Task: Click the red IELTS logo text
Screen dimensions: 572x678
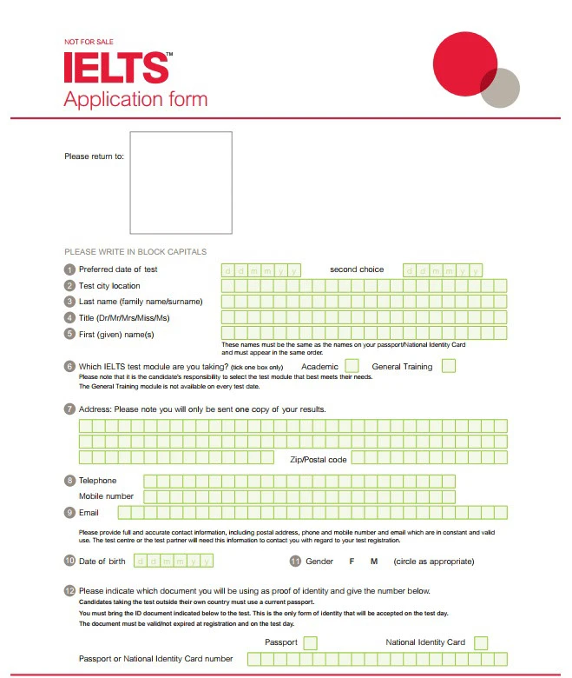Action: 115,67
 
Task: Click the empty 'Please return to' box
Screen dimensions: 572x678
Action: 181,183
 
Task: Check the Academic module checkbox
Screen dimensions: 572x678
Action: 352,366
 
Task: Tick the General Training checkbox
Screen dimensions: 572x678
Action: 448,366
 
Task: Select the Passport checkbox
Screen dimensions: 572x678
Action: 310,642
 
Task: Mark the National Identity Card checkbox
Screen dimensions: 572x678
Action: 481,642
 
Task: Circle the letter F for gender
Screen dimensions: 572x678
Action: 352,562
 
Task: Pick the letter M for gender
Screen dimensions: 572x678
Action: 374,562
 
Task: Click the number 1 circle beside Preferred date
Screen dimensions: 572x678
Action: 69,269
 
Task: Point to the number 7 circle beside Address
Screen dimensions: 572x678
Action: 69,409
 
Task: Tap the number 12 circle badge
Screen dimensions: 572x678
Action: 69,591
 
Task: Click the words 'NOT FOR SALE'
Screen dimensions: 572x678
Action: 89,42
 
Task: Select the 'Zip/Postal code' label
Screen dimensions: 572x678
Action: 319,459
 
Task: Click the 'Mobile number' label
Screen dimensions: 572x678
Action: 106,496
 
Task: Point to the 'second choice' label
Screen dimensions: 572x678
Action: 357,269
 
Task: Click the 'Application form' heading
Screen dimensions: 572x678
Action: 135,98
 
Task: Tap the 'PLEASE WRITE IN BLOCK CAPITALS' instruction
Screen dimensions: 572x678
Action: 135,252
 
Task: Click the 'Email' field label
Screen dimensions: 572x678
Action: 89,513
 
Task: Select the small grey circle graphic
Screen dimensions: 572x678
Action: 502,89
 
